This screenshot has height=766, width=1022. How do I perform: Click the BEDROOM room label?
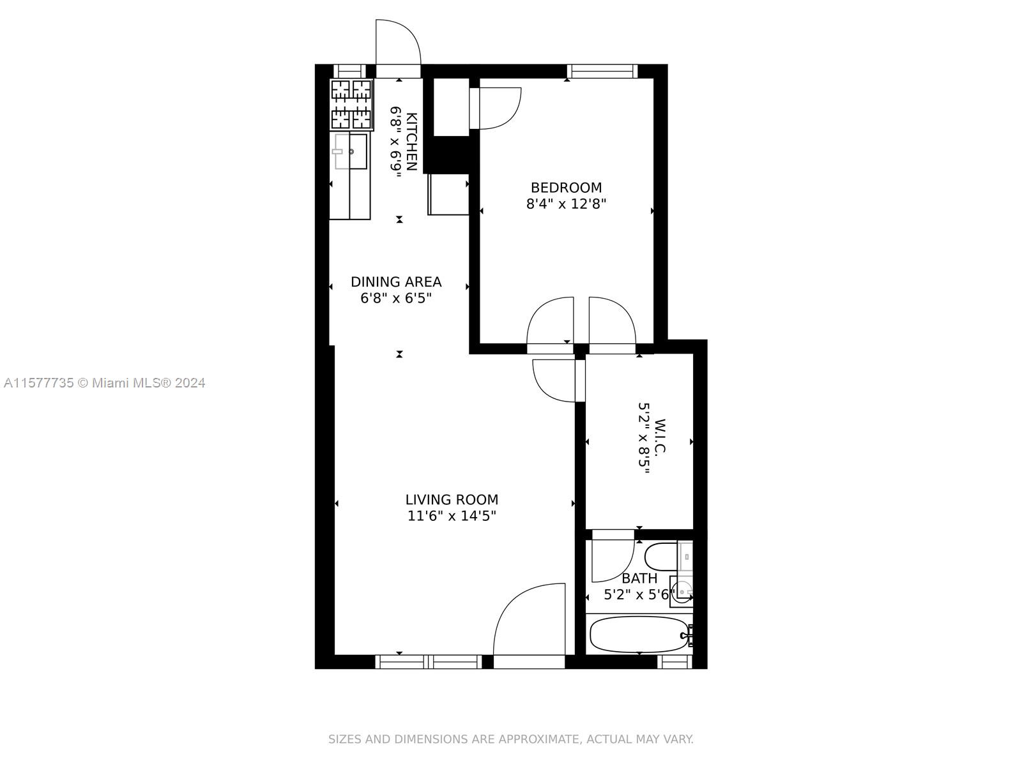[566, 188]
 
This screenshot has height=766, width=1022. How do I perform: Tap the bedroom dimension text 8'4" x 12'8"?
[566, 204]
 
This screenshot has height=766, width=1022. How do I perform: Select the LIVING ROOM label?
[452, 500]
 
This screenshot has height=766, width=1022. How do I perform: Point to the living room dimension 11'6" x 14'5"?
[452, 516]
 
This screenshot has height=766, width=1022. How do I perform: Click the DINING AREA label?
[396, 282]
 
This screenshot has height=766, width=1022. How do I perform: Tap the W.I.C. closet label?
[660, 437]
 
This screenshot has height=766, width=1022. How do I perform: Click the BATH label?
[639, 578]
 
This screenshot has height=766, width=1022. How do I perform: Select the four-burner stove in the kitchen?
[351, 104]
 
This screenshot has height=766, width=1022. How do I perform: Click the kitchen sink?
[351, 151]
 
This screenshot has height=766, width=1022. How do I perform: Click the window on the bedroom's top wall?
[602, 71]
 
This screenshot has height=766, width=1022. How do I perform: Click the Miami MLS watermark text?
[104, 383]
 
